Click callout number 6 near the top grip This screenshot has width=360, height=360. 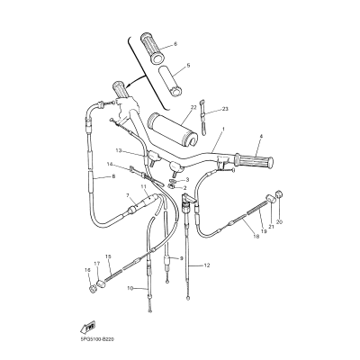(x=175, y=44)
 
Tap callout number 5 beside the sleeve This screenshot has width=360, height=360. (x=188, y=66)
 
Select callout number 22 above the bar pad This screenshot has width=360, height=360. (x=193, y=107)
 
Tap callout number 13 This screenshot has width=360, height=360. (x=118, y=150)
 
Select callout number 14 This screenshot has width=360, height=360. (x=109, y=165)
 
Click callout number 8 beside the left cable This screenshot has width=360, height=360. (x=113, y=177)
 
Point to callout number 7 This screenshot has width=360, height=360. (x=129, y=195)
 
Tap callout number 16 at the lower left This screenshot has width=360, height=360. (x=86, y=269)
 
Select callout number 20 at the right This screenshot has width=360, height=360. (x=279, y=221)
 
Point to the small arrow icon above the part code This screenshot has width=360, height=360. (x=88, y=325)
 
